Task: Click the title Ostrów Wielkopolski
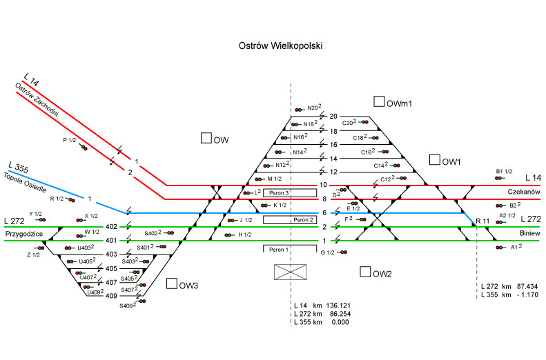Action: [x=280, y=45]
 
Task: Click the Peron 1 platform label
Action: [x=278, y=248]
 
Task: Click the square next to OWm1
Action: [x=378, y=102]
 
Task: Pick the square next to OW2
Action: [x=364, y=272]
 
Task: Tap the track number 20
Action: [x=334, y=117]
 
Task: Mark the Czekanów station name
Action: [x=523, y=192]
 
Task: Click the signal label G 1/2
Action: [x=327, y=253]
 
